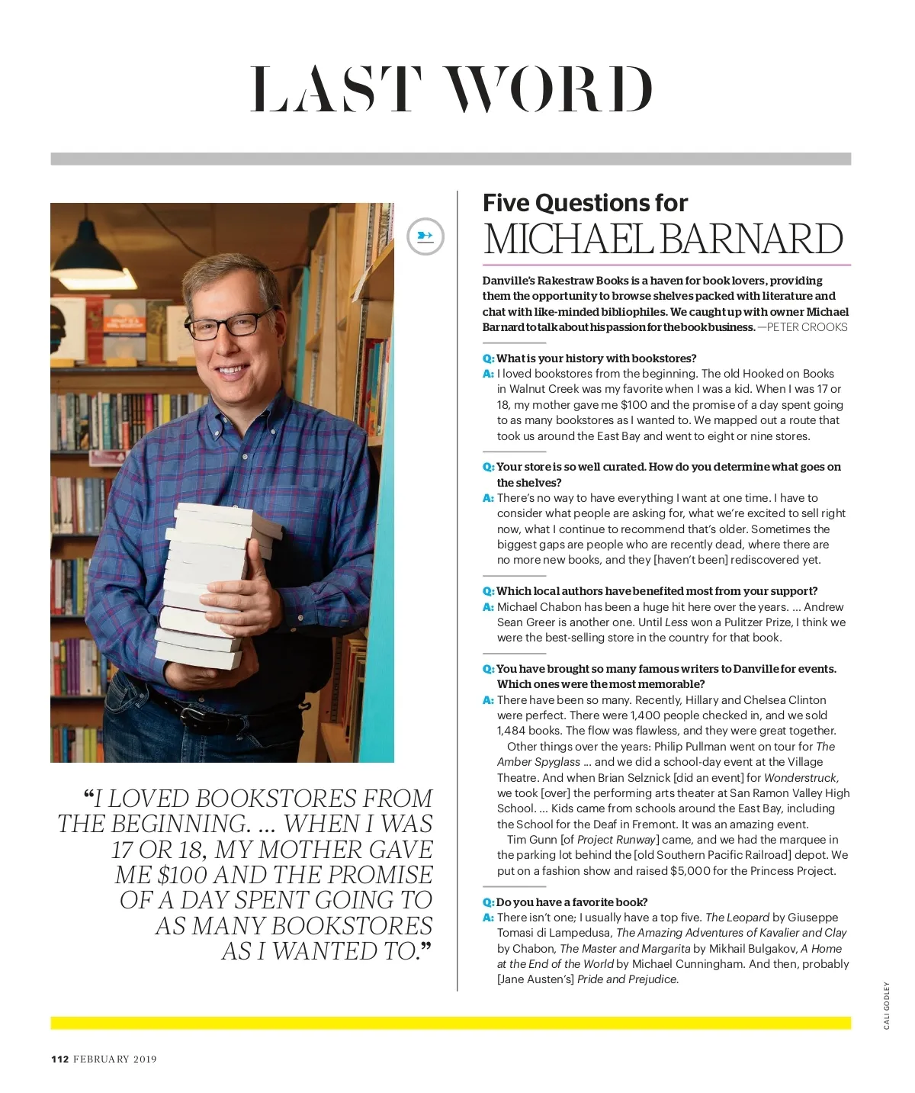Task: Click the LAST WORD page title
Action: coord(451,89)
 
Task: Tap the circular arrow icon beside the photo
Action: coord(425,236)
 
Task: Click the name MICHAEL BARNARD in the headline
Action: coord(663,239)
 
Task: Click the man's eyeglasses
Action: coord(229,324)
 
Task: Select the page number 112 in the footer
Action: coord(60,1059)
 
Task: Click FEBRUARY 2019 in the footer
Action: coord(115,1059)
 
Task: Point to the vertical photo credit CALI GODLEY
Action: coord(887,1005)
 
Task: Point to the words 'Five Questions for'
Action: coord(585,203)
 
